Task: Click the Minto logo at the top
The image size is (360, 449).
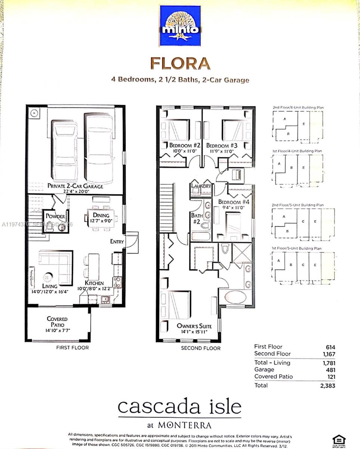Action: click(180, 25)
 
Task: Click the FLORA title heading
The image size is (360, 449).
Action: click(180, 63)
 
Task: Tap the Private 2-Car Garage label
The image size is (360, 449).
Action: click(75, 186)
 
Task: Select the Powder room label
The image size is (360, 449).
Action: click(56, 217)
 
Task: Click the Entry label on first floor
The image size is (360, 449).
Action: click(117, 242)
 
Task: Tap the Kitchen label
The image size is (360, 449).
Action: click(94, 283)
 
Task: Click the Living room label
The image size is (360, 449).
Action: click(49, 286)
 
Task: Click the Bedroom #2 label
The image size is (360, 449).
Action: click(181, 145)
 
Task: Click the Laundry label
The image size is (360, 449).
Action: click(201, 186)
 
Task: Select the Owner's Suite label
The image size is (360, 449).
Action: click(192, 326)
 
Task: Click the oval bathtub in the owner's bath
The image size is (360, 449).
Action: click(233, 297)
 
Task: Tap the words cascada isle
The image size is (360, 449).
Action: click(179, 407)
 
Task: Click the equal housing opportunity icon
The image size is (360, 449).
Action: click(339, 440)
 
